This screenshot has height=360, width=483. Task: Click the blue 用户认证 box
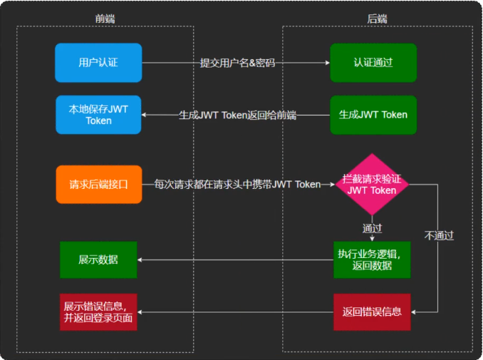(98, 63)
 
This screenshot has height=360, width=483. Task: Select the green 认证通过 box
(373, 63)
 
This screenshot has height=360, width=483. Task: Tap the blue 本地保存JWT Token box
(98, 115)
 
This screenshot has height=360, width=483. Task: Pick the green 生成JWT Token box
(373, 115)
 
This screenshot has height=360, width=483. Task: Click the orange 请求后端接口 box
(98, 185)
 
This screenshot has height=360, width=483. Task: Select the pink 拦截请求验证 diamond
(372, 185)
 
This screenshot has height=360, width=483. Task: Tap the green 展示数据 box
(98, 259)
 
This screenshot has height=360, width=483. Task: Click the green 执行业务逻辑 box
(372, 259)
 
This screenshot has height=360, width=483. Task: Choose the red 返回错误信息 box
(372, 312)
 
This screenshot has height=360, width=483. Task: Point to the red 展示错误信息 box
(98, 312)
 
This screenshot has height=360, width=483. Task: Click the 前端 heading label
(105, 19)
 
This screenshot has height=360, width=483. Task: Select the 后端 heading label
(377, 19)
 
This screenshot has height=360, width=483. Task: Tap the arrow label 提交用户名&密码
(237, 63)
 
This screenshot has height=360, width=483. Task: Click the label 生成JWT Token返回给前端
(237, 115)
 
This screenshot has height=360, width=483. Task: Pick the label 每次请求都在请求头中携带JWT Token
(237, 185)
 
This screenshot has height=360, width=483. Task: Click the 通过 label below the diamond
(372, 228)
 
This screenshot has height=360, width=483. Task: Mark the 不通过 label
(439, 235)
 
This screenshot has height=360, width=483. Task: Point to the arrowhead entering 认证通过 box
(327, 63)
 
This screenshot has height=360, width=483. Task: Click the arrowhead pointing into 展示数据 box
(140, 259)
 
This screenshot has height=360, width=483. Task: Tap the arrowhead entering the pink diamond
(333, 185)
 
